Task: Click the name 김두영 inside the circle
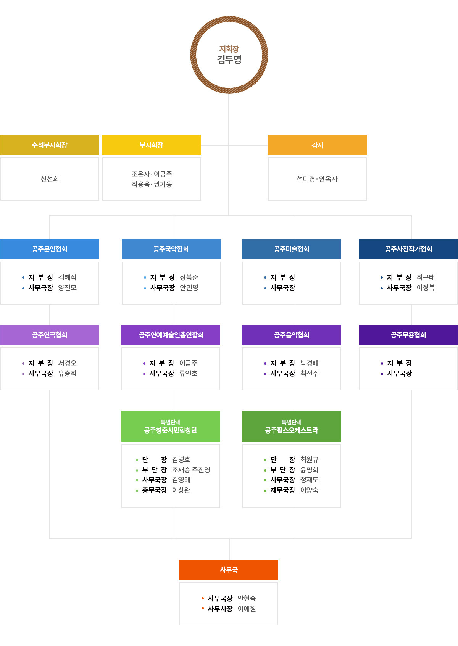point(229,60)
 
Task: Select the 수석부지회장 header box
point(50,145)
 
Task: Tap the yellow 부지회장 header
point(152,145)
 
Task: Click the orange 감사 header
point(318,145)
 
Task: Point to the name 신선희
point(50,179)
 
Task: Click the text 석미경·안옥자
point(317,179)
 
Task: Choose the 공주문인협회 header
point(50,249)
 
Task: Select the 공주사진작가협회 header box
point(408,249)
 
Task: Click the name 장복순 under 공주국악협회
point(189,277)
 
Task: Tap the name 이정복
point(426,288)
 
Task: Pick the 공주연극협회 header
point(50,335)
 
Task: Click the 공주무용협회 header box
point(408,335)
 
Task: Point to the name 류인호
point(189,373)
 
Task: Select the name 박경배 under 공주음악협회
point(310,363)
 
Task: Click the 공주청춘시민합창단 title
point(171,430)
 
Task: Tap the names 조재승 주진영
point(191,470)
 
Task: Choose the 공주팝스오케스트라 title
point(292,430)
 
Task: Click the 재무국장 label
point(283,490)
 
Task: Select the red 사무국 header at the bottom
point(229,570)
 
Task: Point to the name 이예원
point(247,609)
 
